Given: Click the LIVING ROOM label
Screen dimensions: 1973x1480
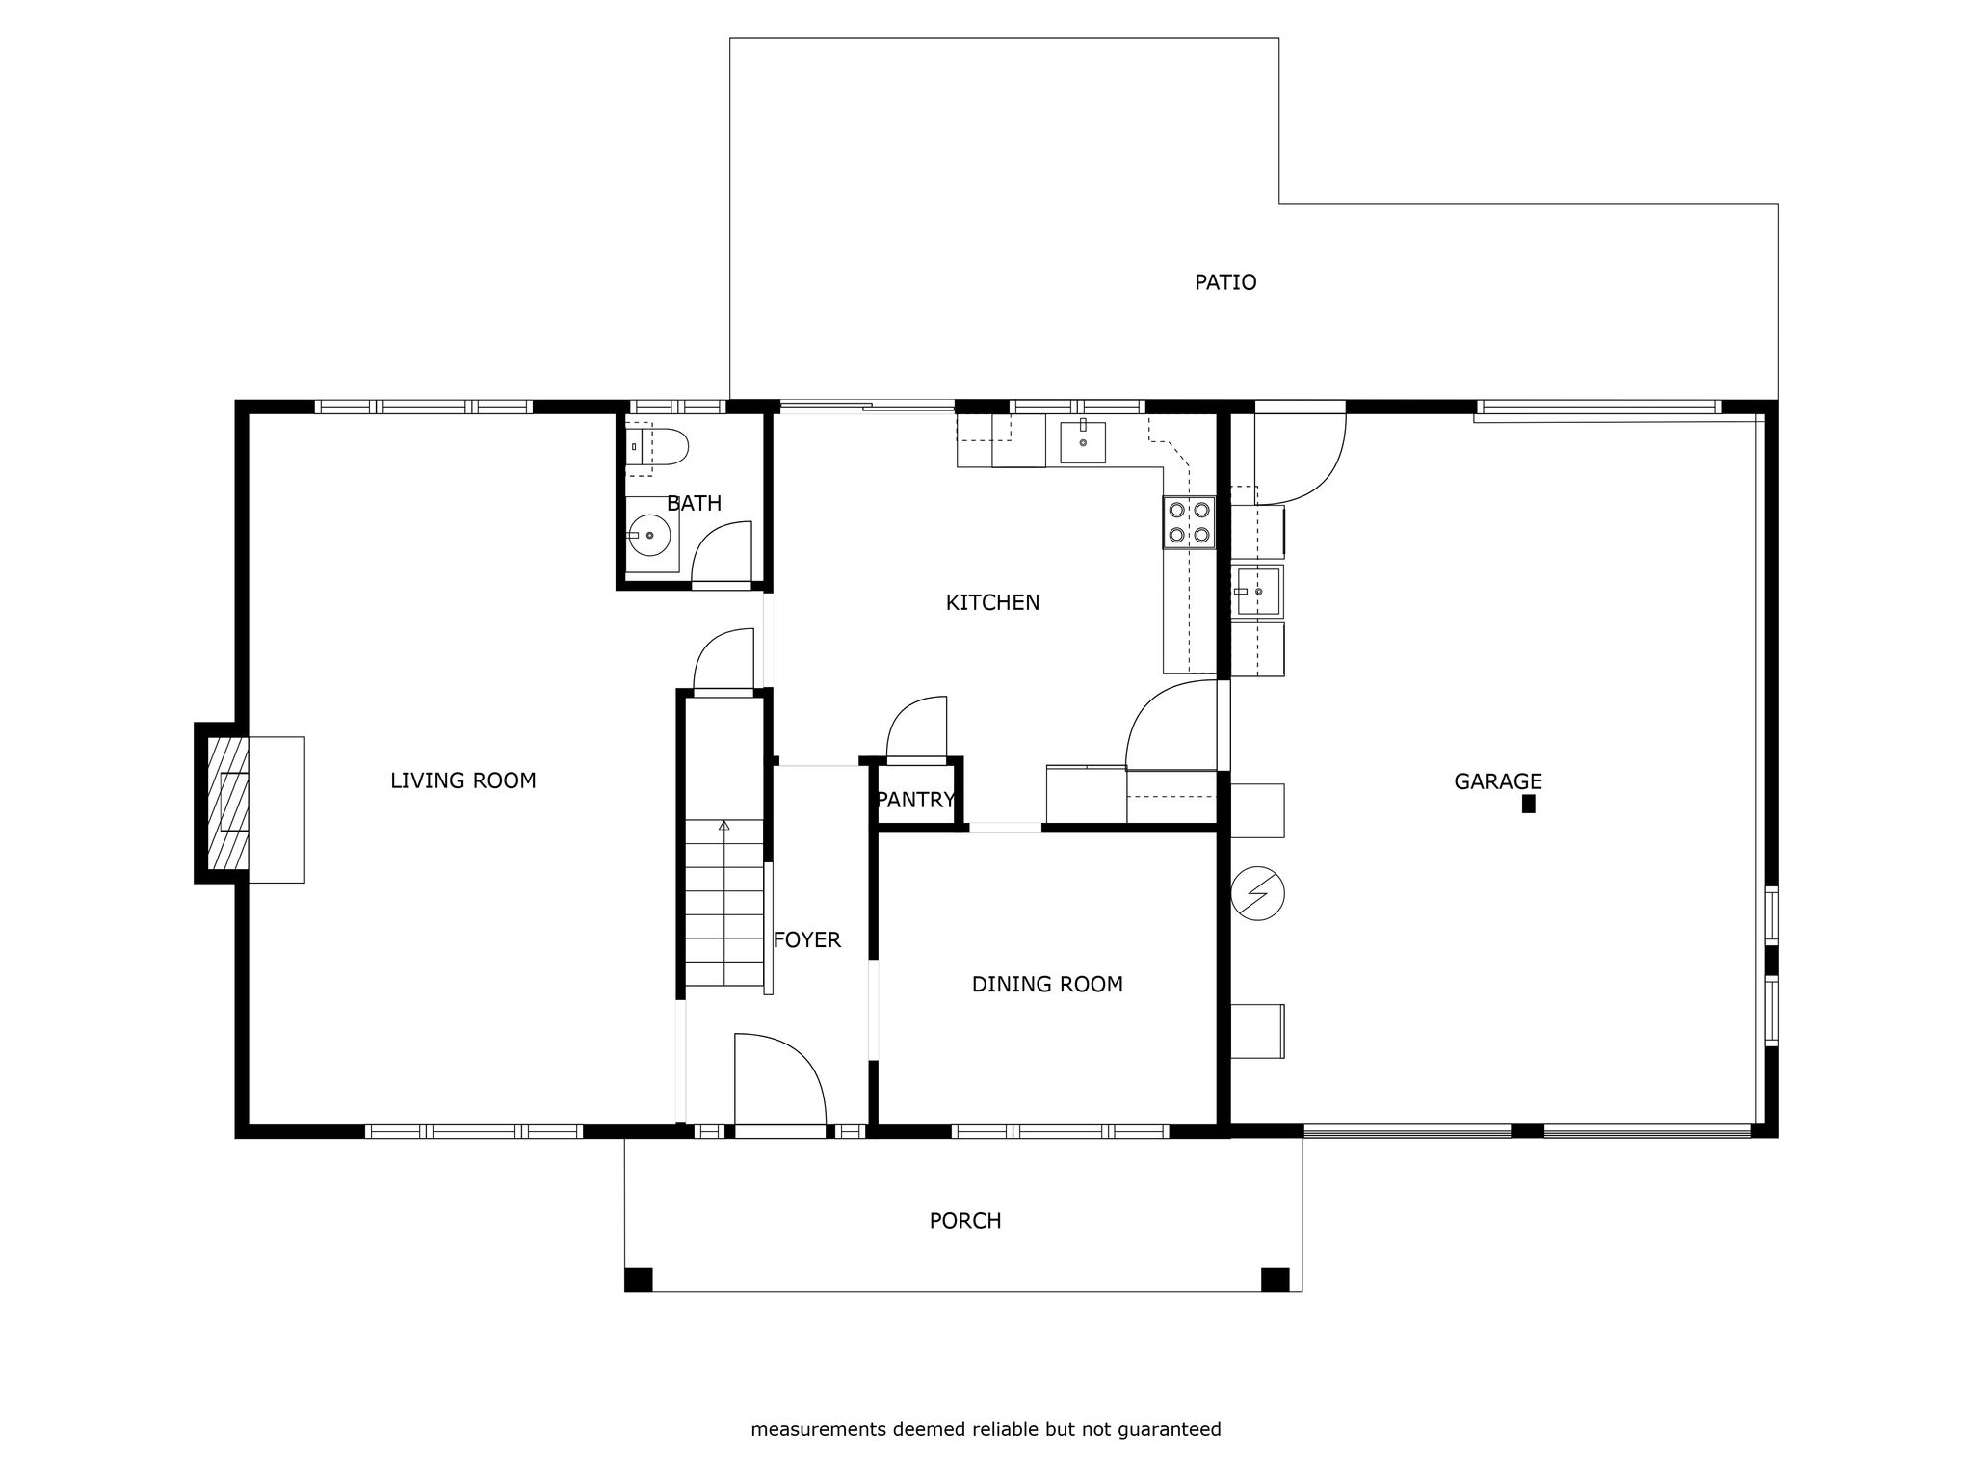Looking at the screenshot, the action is coord(462,780).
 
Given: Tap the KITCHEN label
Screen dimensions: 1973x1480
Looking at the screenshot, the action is coord(992,602).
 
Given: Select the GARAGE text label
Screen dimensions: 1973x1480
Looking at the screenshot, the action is coord(1498,781).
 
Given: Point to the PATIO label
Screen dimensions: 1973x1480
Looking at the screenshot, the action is coord(1225,282).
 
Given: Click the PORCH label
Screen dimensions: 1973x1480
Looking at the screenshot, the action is coord(965,1221).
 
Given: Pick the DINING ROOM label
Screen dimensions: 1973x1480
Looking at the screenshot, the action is coord(1047,984).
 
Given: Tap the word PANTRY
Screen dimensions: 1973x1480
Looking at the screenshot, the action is coord(915,800).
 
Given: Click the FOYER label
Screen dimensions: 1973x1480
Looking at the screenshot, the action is coord(807,939).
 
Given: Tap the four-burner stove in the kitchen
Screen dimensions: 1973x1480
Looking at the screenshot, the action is coord(1189,522).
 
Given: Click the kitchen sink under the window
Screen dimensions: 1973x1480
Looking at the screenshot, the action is coord(1083,441).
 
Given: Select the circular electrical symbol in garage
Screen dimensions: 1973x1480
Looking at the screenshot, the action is coord(1257,893).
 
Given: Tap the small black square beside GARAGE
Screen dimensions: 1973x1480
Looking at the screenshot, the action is coord(1528,805).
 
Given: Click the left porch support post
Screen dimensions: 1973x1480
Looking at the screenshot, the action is coord(638,1280).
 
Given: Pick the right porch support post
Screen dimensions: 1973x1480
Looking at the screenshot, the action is coord(1276,1280).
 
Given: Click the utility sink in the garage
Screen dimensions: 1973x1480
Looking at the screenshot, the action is coord(1256,591).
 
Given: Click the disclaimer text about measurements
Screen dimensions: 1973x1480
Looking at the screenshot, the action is coord(986,1429).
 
